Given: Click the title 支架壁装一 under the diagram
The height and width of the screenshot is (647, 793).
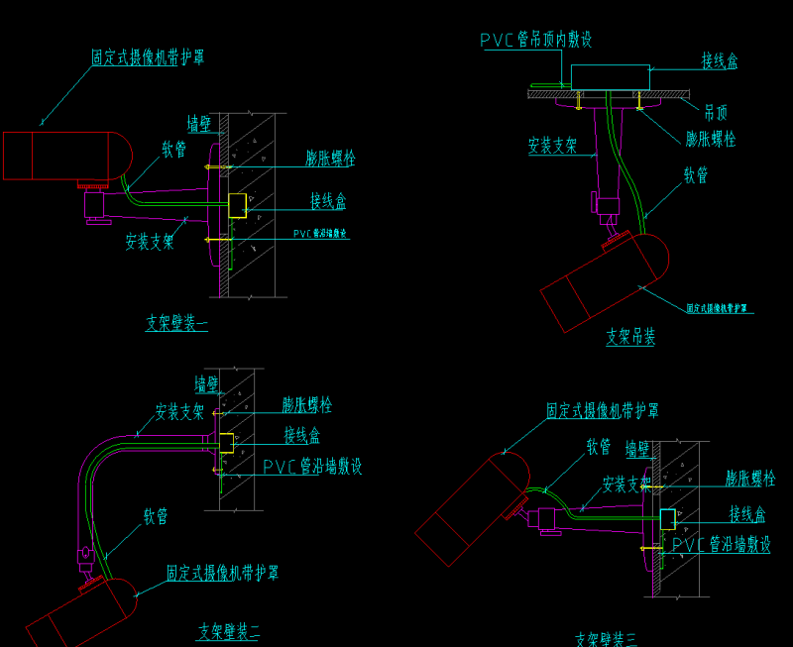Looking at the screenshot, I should click(176, 322).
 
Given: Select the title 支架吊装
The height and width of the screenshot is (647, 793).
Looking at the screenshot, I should click(630, 338).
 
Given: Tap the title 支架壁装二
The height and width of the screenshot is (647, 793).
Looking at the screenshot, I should click(228, 631).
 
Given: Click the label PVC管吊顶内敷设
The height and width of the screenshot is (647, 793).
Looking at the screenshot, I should click(536, 40).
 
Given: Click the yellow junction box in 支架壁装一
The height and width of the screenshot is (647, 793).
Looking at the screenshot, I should click(238, 205).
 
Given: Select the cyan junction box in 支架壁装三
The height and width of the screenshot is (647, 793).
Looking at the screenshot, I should click(668, 518).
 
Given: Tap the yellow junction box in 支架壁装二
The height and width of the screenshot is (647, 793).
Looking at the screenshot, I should click(225, 442).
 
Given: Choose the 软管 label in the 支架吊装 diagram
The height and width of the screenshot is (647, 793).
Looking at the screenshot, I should click(696, 175).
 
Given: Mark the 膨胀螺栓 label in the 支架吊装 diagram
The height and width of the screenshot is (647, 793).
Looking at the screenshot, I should click(710, 139).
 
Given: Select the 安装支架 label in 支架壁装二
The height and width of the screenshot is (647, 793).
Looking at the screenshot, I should click(178, 411).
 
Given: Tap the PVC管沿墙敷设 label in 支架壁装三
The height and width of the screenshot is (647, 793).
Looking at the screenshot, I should click(721, 545).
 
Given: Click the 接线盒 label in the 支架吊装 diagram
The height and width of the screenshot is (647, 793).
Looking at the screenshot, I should click(719, 61).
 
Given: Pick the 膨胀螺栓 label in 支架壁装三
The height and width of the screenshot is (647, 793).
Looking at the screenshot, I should click(749, 480).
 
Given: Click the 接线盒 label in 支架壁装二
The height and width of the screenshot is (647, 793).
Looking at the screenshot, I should click(301, 435).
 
